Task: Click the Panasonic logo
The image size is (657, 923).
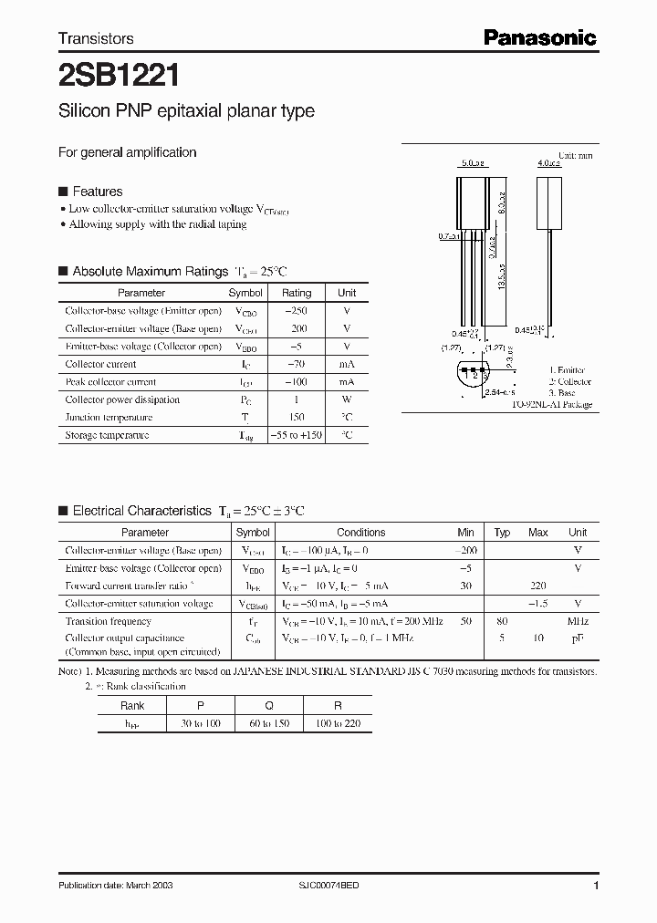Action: (539, 37)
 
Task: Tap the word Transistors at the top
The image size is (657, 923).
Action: (96, 38)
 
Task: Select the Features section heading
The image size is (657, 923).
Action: (97, 192)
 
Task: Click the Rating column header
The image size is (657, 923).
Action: (296, 293)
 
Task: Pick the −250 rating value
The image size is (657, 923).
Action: (296, 311)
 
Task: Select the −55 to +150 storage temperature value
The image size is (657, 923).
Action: (297, 435)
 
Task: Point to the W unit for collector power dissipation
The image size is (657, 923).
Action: (347, 399)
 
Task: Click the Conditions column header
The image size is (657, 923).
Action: (361, 533)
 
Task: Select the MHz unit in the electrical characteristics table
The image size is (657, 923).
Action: (577, 621)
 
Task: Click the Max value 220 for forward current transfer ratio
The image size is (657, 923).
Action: (538, 586)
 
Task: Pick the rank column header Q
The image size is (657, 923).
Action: (269, 705)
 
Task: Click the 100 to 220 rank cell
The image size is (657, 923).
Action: (338, 722)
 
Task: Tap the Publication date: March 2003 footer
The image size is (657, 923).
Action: (115, 886)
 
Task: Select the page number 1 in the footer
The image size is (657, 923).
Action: (596, 886)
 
